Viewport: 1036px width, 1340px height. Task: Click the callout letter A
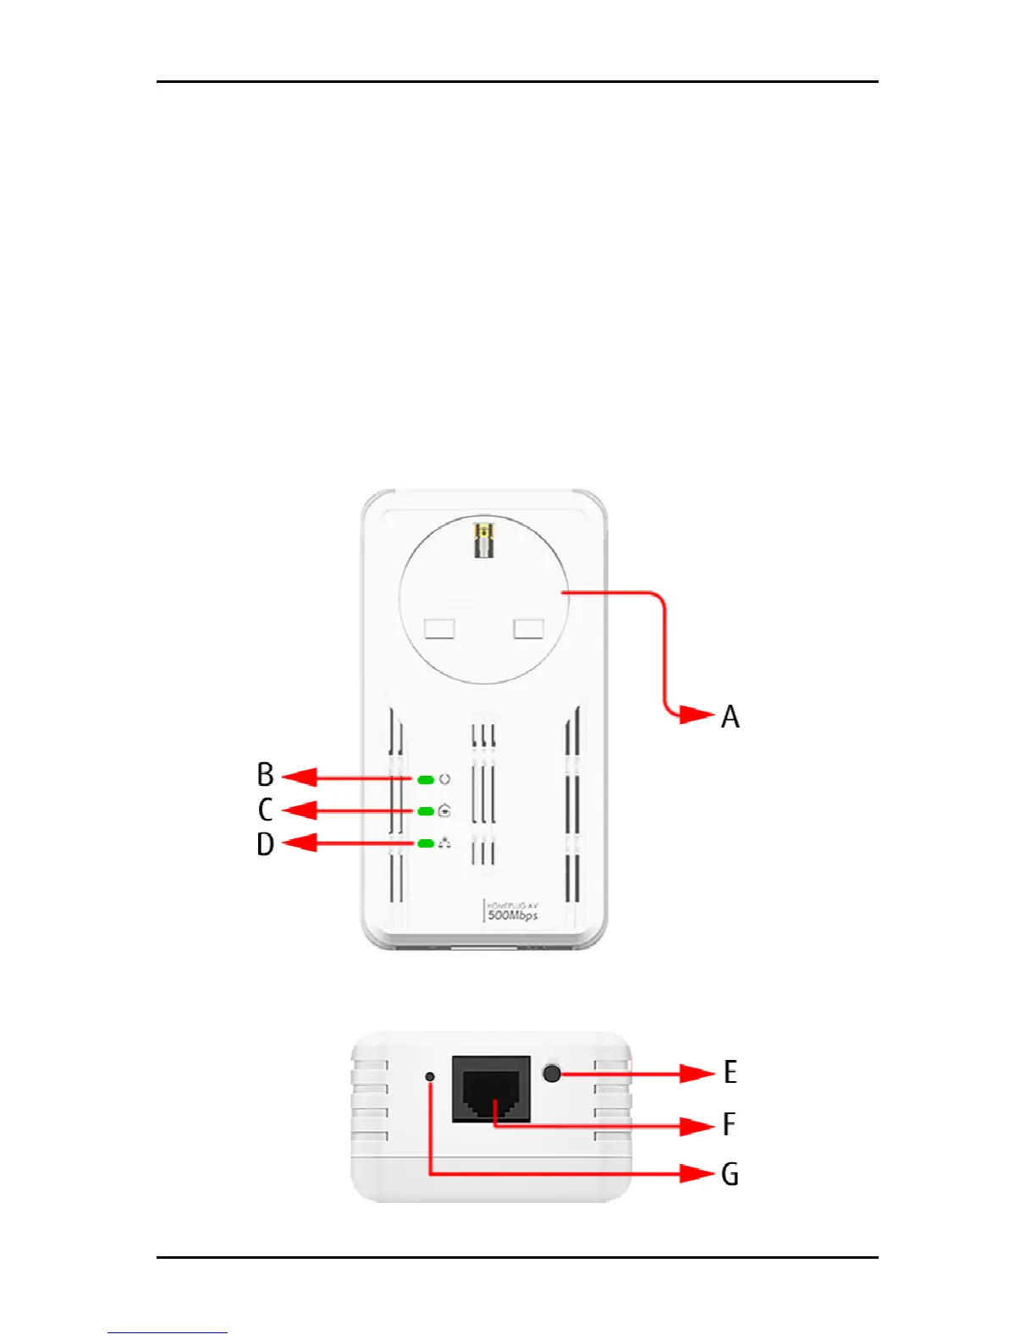[730, 717]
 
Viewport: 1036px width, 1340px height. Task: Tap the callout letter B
[265, 775]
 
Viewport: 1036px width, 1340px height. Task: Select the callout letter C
[265, 810]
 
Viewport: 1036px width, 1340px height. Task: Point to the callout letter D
[265, 844]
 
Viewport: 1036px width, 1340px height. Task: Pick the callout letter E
[730, 1073]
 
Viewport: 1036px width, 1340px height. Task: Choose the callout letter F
[729, 1124]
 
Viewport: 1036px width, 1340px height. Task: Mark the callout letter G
[730, 1174]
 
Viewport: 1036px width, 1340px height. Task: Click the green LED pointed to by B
[426, 779]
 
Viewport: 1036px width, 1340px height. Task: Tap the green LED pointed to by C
[426, 811]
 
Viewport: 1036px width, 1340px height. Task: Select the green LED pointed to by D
[426, 843]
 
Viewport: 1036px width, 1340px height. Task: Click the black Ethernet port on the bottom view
[491, 1089]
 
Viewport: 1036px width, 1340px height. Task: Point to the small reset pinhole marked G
[430, 1077]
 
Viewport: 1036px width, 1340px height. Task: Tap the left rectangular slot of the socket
[439, 629]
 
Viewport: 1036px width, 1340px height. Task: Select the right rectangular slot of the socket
[529, 629]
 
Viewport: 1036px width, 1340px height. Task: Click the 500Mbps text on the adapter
[513, 915]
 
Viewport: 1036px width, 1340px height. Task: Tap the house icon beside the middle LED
[445, 811]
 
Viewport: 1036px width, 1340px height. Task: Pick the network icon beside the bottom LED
[445, 843]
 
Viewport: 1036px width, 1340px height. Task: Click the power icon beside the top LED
[445, 779]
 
